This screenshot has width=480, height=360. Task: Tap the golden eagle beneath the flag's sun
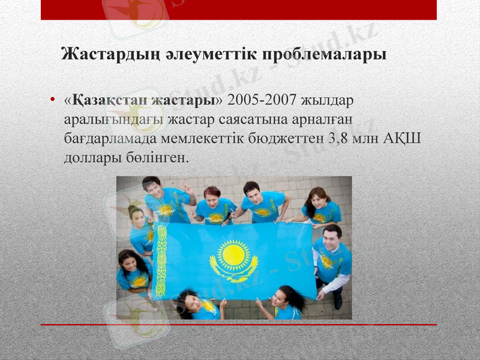(x=233, y=273)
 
